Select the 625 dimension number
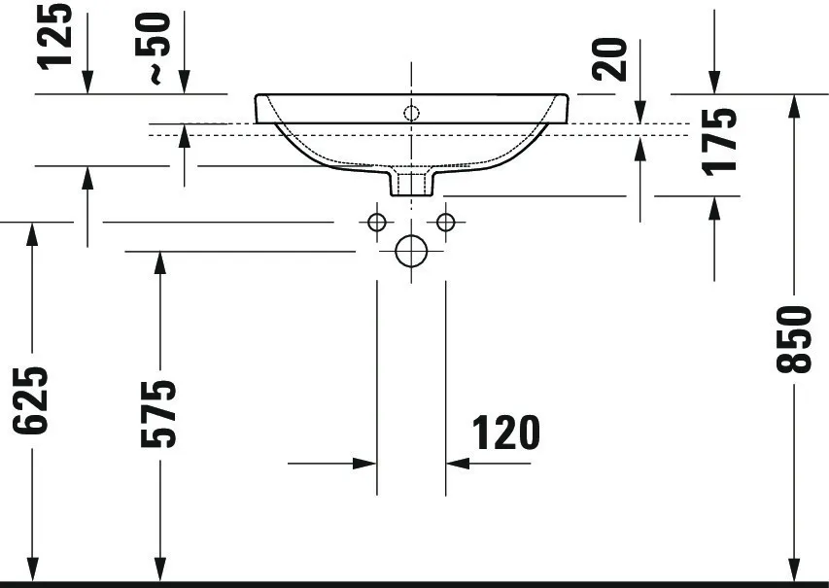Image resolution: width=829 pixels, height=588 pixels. tap(33, 399)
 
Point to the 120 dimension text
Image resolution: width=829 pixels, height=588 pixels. tap(505, 432)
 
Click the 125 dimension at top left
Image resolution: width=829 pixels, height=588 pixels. tap(56, 34)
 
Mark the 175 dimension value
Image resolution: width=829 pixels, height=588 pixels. tap(719, 140)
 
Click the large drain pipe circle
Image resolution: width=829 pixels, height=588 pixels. tap(411, 252)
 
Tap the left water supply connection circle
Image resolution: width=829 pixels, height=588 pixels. tap(377, 223)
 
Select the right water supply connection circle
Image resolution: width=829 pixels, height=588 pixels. tap(446, 223)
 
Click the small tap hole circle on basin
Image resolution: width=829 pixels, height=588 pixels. tap(411, 114)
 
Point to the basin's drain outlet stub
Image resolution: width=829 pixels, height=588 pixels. tap(411, 181)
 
